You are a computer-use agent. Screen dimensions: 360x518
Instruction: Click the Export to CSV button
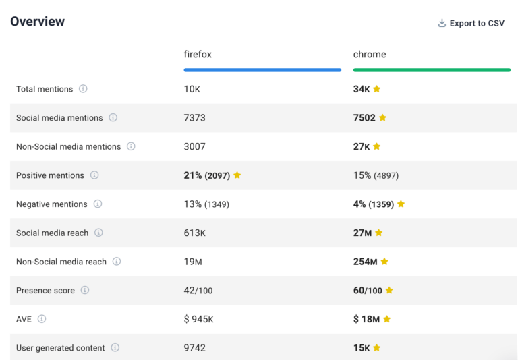click(x=471, y=23)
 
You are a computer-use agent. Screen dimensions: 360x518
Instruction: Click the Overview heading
click(x=38, y=22)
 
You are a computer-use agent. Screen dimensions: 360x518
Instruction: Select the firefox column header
click(x=198, y=54)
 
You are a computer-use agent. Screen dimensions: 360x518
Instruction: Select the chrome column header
click(x=370, y=54)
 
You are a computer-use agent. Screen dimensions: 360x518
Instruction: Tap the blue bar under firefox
click(x=262, y=69)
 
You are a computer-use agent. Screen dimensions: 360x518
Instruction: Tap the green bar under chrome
click(x=432, y=69)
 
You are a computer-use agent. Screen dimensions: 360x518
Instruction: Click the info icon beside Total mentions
click(x=83, y=89)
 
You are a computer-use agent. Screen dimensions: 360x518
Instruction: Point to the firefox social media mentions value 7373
click(x=195, y=118)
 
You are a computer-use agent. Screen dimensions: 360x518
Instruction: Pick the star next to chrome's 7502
click(x=382, y=118)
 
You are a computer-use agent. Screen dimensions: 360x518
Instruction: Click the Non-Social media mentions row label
click(x=68, y=146)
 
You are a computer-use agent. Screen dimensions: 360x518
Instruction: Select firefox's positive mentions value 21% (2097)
click(x=207, y=175)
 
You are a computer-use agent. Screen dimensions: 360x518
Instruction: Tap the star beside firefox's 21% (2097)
click(x=237, y=175)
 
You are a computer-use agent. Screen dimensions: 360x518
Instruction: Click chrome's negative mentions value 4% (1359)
click(x=374, y=204)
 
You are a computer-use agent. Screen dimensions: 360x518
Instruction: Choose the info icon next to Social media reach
click(x=98, y=233)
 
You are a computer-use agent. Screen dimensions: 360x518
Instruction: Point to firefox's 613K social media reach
click(x=195, y=233)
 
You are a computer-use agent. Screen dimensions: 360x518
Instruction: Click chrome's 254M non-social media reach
click(x=365, y=262)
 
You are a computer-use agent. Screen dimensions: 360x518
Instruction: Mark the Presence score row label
click(x=45, y=291)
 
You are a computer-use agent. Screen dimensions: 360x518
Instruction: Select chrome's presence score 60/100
click(x=368, y=291)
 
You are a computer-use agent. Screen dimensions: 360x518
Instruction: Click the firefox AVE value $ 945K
click(x=199, y=319)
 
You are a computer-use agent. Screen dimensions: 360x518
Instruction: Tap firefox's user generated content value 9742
click(x=195, y=348)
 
